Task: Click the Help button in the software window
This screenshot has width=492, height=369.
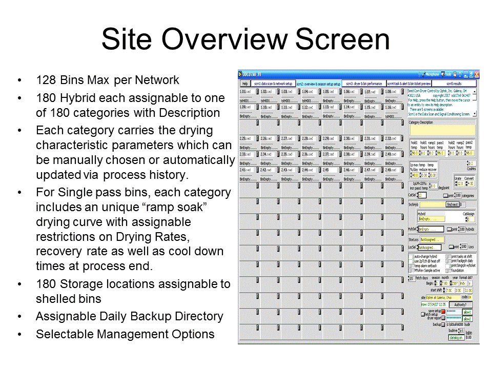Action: point(244,83)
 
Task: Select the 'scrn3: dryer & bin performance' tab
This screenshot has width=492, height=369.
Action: point(364,83)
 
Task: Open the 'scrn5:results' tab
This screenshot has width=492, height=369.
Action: point(454,83)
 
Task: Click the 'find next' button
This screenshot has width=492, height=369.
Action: point(452,204)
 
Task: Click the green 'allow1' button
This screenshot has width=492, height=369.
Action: point(467,312)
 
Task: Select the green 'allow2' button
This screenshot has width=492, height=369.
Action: point(467,318)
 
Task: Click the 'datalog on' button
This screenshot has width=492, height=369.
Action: point(456,338)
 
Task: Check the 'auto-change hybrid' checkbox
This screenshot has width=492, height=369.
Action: point(411,256)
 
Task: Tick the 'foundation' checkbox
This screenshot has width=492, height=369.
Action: point(447,270)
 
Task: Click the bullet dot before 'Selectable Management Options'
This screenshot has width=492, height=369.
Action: point(19,334)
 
